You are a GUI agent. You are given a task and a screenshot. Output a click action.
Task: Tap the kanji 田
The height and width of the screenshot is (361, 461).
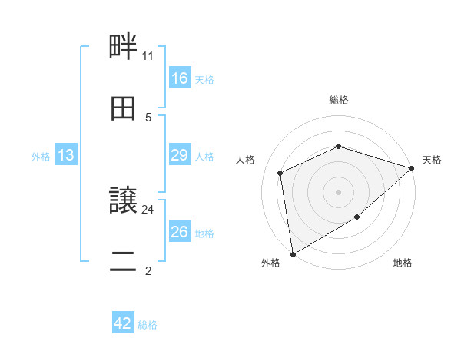pyautogui.click(x=123, y=109)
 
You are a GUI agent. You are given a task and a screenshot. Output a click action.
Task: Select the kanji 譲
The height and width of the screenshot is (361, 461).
pyautogui.click(x=123, y=201)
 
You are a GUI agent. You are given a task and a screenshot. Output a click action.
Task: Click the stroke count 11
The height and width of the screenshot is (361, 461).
pyautogui.click(x=148, y=55)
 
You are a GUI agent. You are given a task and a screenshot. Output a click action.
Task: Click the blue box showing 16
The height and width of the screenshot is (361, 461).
pyautogui.click(x=180, y=78)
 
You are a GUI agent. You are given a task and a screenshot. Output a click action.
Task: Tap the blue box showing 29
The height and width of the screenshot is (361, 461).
pyautogui.click(x=180, y=155)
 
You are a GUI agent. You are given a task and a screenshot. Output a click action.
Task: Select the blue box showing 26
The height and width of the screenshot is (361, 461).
pyautogui.click(x=180, y=232)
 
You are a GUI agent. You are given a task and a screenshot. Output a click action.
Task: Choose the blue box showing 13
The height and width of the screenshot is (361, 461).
pyautogui.click(x=66, y=155)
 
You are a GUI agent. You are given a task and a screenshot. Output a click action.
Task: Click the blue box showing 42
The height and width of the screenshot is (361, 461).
pyautogui.click(x=123, y=323)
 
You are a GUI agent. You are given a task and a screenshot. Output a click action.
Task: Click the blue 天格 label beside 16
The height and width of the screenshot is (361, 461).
pyautogui.click(x=204, y=80)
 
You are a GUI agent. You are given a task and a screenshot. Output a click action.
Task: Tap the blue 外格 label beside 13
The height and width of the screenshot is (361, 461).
pyautogui.click(x=41, y=157)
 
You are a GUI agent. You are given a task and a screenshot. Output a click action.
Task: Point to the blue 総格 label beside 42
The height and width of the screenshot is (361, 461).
pyautogui.click(x=148, y=325)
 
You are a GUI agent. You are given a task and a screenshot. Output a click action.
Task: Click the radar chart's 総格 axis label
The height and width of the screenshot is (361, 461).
pyautogui.click(x=339, y=100)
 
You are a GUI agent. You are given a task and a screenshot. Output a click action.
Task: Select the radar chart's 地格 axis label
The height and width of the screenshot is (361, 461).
pyautogui.click(x=403, y=263)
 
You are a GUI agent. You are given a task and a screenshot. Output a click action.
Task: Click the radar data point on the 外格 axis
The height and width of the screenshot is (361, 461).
pyautogui.click(x=292, y=254)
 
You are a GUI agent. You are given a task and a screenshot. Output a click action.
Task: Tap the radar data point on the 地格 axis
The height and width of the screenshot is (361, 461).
pyautogui.click(x=357, y=217)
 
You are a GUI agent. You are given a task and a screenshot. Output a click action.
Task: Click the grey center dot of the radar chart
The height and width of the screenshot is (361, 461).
pyautogui.click(x=338, y=191)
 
